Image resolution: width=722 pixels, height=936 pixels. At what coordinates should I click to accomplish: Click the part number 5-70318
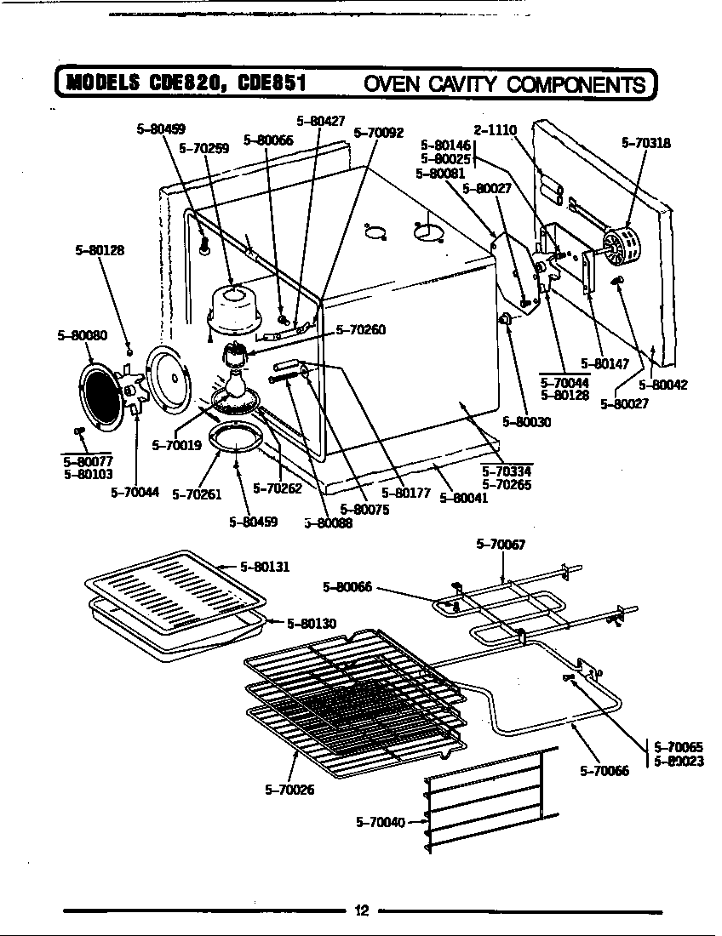[x=646, y=144]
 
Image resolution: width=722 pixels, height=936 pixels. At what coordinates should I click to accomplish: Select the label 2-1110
[x=495, y=130]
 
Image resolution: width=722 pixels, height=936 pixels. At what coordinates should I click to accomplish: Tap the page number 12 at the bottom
[x=361, y=911]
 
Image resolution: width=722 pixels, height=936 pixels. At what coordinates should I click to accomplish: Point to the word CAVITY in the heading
[x=457, y=83]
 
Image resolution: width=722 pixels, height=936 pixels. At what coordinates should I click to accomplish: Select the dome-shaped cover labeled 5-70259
[x=233, y=306]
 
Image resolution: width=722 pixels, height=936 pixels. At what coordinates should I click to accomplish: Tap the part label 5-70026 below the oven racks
[x=289, y=790]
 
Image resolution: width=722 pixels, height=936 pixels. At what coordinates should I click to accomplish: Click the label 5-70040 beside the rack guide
[x=380, y=822]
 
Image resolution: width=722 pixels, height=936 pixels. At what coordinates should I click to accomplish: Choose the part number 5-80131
[x=265, y=566]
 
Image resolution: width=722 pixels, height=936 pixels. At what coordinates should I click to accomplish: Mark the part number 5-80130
[x=312, y=624]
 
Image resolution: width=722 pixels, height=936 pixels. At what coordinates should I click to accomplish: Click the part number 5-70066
[x=605, y=771]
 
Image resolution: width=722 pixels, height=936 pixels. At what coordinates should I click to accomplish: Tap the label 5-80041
[x=463, y=499]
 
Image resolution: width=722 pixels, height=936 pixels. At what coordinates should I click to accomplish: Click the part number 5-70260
[x=361, y=330]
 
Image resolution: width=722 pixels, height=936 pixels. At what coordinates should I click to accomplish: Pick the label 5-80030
[x=527, y=421]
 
